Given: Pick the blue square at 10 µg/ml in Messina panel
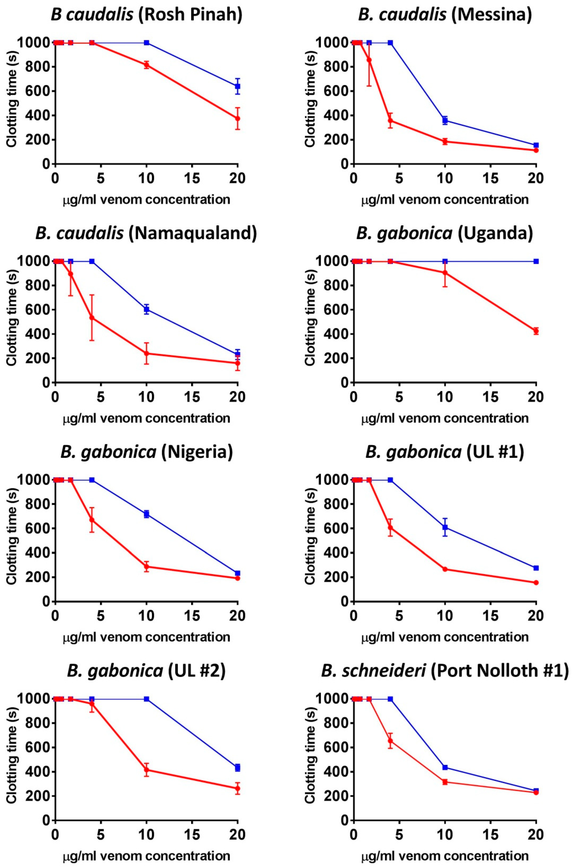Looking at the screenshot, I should pos(445,120).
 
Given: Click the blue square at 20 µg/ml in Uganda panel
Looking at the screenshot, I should pos(536,261).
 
